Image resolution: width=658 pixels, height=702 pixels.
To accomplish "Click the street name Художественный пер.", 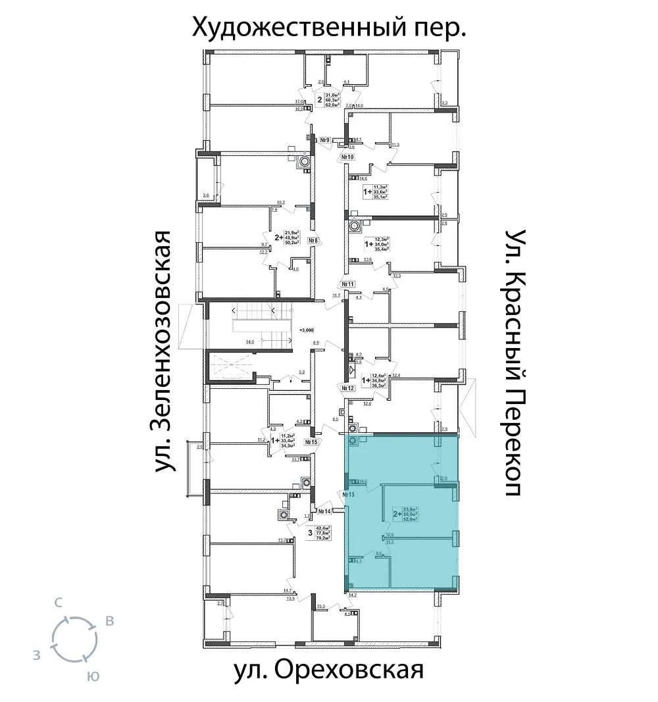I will click(x=329, y=28).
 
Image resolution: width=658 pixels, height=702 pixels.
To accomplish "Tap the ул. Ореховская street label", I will click(x=328, y=671).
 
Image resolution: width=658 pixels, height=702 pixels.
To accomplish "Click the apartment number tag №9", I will click(x=324, y=140).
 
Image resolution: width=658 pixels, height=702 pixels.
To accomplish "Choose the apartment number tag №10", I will click(x=347, y=158).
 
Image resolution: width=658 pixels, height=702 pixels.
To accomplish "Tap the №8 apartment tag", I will click(x=313, y=241).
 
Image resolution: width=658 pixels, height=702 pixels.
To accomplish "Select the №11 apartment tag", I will click(x=347, y=284).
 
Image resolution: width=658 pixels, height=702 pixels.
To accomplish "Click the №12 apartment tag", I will click(x=347, y=388).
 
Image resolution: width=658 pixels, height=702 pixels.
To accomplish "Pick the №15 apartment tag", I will click(x=310, y=443).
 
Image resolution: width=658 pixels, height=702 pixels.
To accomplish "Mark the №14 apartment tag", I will click(x=323, y=511).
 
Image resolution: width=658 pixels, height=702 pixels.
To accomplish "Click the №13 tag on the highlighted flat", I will click(x=349, y=494).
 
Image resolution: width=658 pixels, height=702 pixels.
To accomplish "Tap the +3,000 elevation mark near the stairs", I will click(x=307, y=330).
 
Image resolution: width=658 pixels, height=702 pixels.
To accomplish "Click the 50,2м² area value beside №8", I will click(x=291, y=242).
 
